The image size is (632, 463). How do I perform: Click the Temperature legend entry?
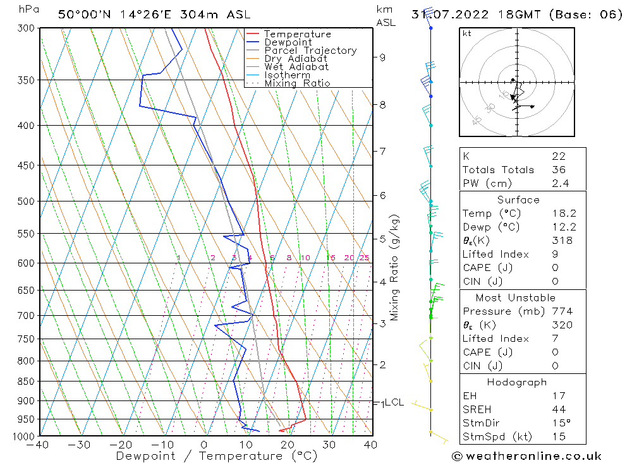[x=297, y=34]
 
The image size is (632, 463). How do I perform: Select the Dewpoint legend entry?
[x=288, y=42]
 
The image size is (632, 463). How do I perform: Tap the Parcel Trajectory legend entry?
[x=310, y=51]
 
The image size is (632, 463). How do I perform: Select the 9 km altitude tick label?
[x=382, y=57]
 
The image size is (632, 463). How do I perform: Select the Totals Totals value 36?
[x=559, y=170]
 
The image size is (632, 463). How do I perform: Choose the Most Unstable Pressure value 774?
[x=562, y=311]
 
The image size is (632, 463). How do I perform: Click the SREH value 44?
[x=559, y=410]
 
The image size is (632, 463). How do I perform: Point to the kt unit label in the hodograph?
[x=466, y=34]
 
